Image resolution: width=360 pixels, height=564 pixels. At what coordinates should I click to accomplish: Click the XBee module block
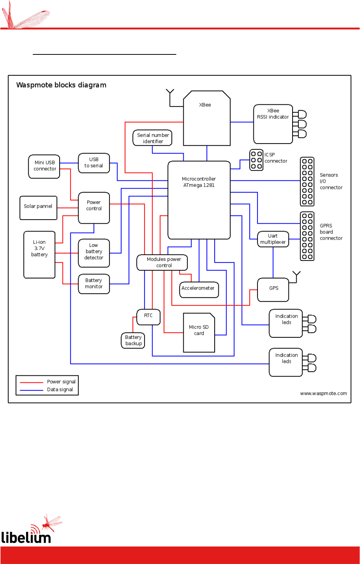207,118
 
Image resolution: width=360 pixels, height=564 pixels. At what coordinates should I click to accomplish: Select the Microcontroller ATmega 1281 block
199,200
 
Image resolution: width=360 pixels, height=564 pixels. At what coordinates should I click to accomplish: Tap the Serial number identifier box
152,138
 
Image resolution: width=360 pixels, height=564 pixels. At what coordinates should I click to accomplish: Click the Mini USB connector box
44,166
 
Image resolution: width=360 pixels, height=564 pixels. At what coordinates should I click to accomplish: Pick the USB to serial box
94,163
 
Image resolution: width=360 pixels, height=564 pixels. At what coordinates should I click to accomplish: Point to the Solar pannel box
38,208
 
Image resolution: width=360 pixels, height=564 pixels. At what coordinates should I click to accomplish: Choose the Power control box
94,208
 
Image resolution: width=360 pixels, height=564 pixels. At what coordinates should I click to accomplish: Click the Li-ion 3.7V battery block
39,255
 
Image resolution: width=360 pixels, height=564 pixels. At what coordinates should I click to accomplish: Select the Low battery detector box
94,253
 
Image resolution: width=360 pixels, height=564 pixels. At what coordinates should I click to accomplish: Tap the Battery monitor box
94,284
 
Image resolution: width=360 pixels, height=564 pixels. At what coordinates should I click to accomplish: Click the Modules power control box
162,262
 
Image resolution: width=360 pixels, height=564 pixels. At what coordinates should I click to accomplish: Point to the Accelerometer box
199,290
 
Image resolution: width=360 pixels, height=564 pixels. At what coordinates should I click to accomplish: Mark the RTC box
148,317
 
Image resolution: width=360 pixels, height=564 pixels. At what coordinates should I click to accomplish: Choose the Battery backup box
133,340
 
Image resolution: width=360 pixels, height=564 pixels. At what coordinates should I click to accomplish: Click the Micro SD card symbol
199,333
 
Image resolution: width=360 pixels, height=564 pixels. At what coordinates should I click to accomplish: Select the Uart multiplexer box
273,239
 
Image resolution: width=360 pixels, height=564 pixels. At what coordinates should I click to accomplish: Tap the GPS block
273,290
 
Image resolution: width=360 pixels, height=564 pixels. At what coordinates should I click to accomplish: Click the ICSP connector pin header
256,160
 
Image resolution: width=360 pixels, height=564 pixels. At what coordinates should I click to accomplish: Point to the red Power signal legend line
31,382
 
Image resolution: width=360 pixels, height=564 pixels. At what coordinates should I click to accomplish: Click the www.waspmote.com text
323,393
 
